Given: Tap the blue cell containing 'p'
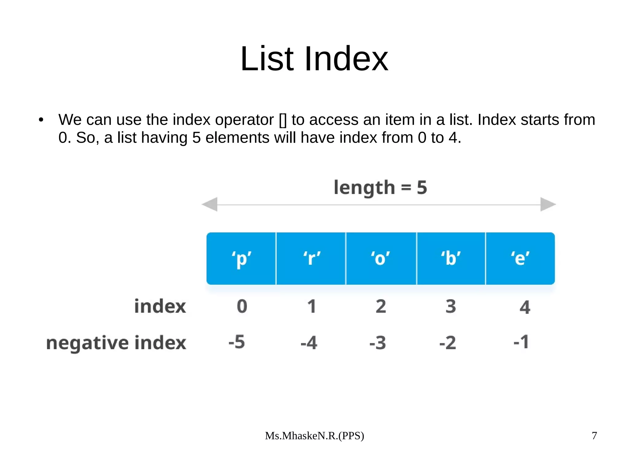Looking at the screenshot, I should pos(241,258).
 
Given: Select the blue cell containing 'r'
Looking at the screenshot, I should pos(311,258).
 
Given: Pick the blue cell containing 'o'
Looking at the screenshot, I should pos(381,258).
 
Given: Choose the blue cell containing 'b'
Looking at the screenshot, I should pos(451,258).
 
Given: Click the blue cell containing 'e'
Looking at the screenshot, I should pos(520,258).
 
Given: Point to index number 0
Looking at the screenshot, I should pos(242,306).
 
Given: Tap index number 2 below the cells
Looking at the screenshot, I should pos(381,306).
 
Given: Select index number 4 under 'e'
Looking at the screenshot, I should pos(525,307).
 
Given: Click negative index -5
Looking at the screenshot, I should pos(237,342).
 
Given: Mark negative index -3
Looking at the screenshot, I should pos(378,343).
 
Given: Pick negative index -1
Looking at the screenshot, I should pos(521,342).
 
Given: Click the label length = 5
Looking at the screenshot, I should pos(380,187).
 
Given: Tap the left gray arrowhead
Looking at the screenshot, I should pos(210,204).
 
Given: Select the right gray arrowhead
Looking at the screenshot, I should pos(548,204).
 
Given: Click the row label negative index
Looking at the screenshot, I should pos(116,343).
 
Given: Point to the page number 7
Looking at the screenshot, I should pos(594,435).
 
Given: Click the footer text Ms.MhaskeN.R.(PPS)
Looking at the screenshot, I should pos(314,436).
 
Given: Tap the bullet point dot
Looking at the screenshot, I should pos(41,120).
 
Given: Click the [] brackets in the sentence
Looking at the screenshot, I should pos(283,120).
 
